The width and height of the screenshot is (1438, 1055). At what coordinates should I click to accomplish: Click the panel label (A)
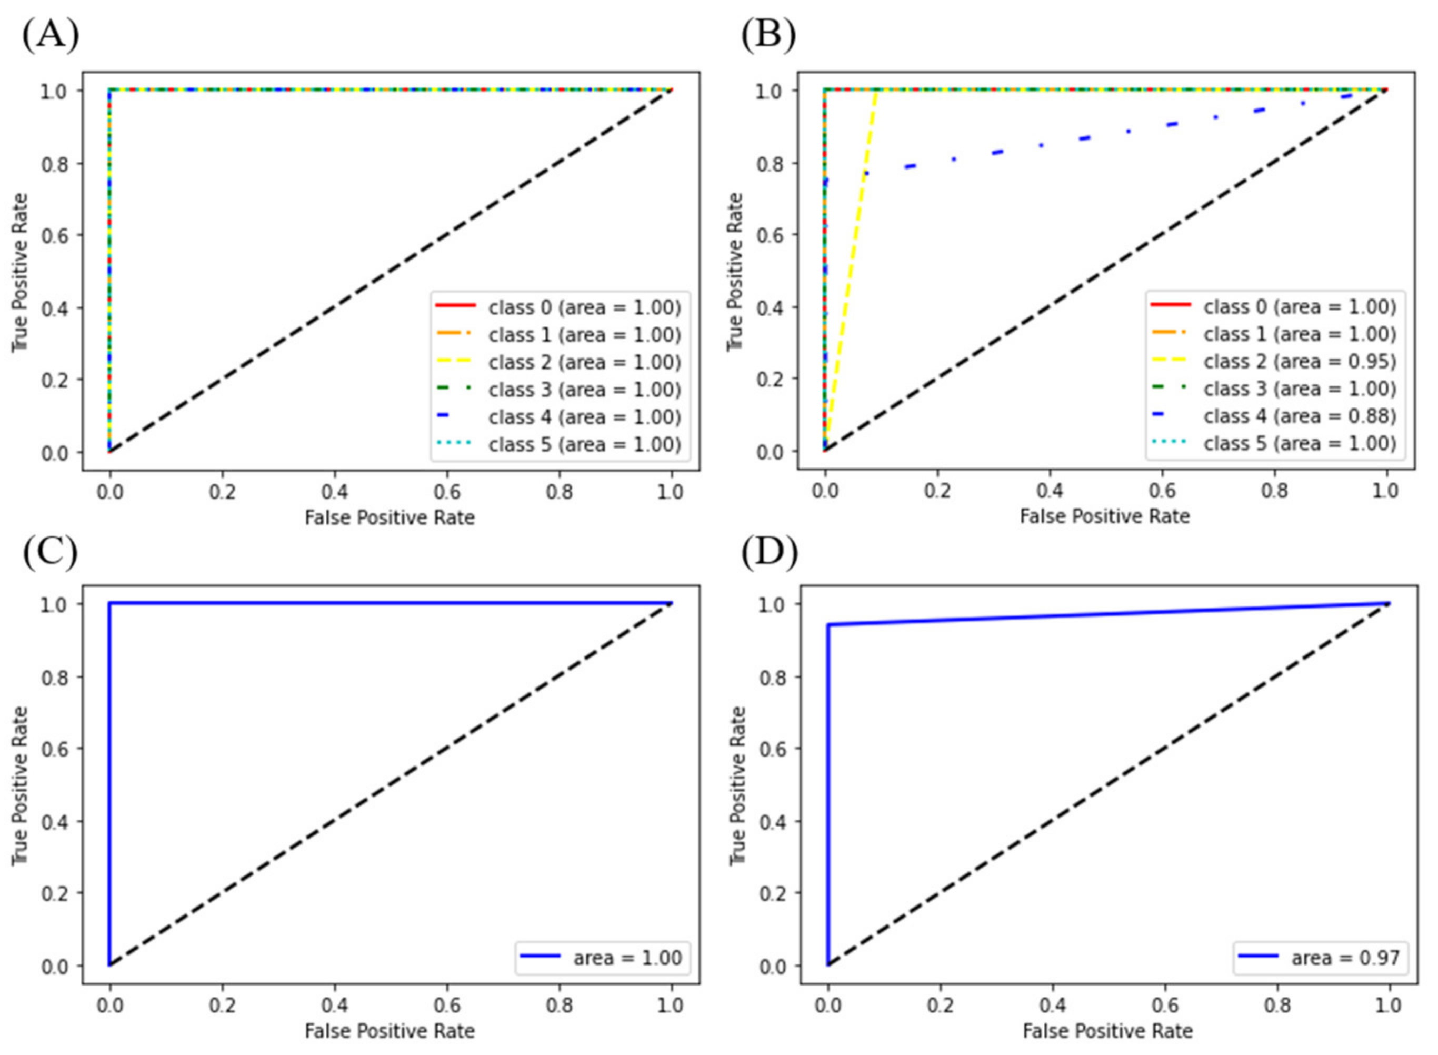click(x=51, y=35)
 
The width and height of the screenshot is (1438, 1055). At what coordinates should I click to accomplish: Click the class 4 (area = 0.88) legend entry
click(x=1300, y=416)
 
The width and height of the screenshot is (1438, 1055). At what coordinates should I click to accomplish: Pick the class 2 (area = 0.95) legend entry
click(x=1300, y=362)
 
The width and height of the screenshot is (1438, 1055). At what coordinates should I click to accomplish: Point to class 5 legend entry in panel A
click(x=584, y=444)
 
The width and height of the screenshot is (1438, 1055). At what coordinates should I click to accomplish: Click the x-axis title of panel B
click(x=1105, y=516)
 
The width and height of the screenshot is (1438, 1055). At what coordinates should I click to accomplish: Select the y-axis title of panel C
click(x=21, y=785)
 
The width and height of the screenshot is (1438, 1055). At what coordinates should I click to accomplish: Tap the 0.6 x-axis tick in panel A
click(x=447, y=492)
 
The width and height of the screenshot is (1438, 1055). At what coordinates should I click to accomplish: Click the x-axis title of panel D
click(x=1107, y=1031)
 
